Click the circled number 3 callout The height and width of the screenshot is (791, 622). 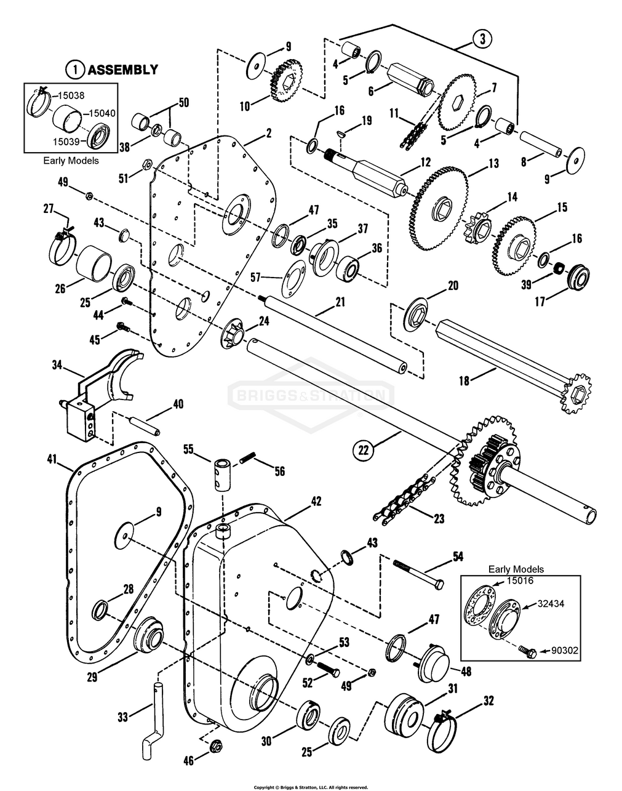(x=482, y=38)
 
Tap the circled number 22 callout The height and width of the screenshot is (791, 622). (x=363, y=450)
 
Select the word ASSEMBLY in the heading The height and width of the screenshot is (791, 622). (x=122, y=70)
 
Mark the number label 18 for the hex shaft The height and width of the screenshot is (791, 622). (x=464, y=381)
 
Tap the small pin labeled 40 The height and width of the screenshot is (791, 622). (x=143, y=424)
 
